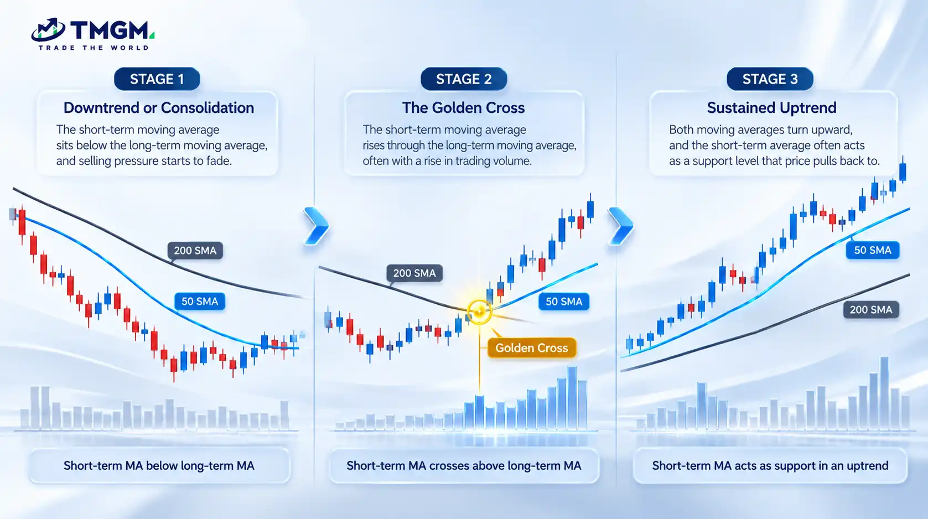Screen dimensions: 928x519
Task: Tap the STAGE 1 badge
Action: point(157,79)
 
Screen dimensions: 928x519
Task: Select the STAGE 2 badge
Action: point(464,79)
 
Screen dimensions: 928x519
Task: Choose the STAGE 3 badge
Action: point(770,79)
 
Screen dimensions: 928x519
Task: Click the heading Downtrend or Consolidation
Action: point(159,108)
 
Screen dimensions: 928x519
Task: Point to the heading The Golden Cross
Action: point(463,108)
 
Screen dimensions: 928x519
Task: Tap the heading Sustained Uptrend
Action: point(771,108)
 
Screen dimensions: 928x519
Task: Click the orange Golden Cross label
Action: point(532,347)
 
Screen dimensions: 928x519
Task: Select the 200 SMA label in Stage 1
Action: point(195,251)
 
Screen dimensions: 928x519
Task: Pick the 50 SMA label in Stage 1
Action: point(200,301)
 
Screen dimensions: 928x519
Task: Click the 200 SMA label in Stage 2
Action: point(414,273)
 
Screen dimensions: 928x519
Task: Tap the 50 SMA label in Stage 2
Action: point(564,301)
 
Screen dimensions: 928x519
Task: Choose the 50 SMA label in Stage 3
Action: point(873,250)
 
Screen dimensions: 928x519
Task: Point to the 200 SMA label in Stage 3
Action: point(871,309)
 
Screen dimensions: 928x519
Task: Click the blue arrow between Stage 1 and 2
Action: point(317,226)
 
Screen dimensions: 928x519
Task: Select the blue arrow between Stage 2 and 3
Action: point(621,226)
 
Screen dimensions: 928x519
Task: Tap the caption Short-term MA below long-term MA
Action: point(159,465)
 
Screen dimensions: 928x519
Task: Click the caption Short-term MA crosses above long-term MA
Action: point(464,465)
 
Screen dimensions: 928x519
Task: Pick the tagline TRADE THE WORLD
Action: point(94,48)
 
